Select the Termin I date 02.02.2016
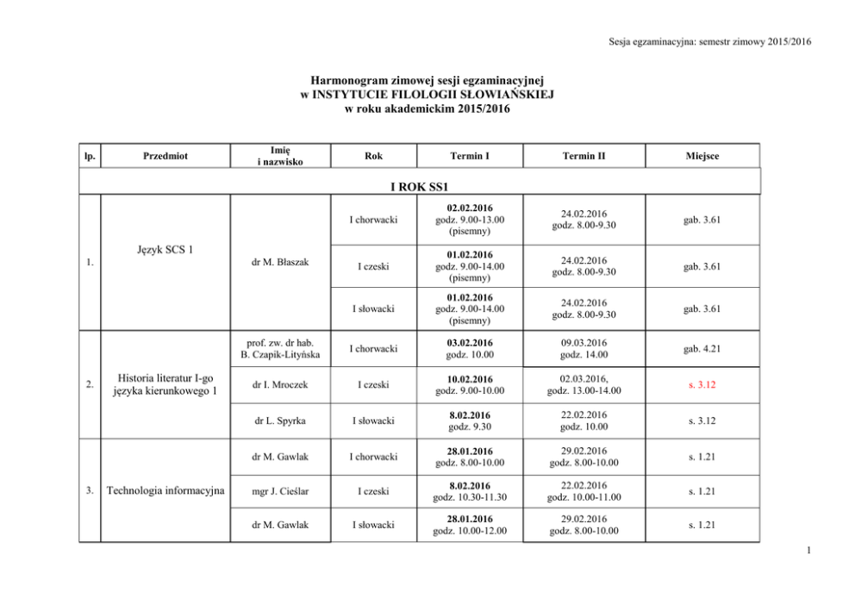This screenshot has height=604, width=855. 470,209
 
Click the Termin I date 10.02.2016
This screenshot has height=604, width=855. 470,378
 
